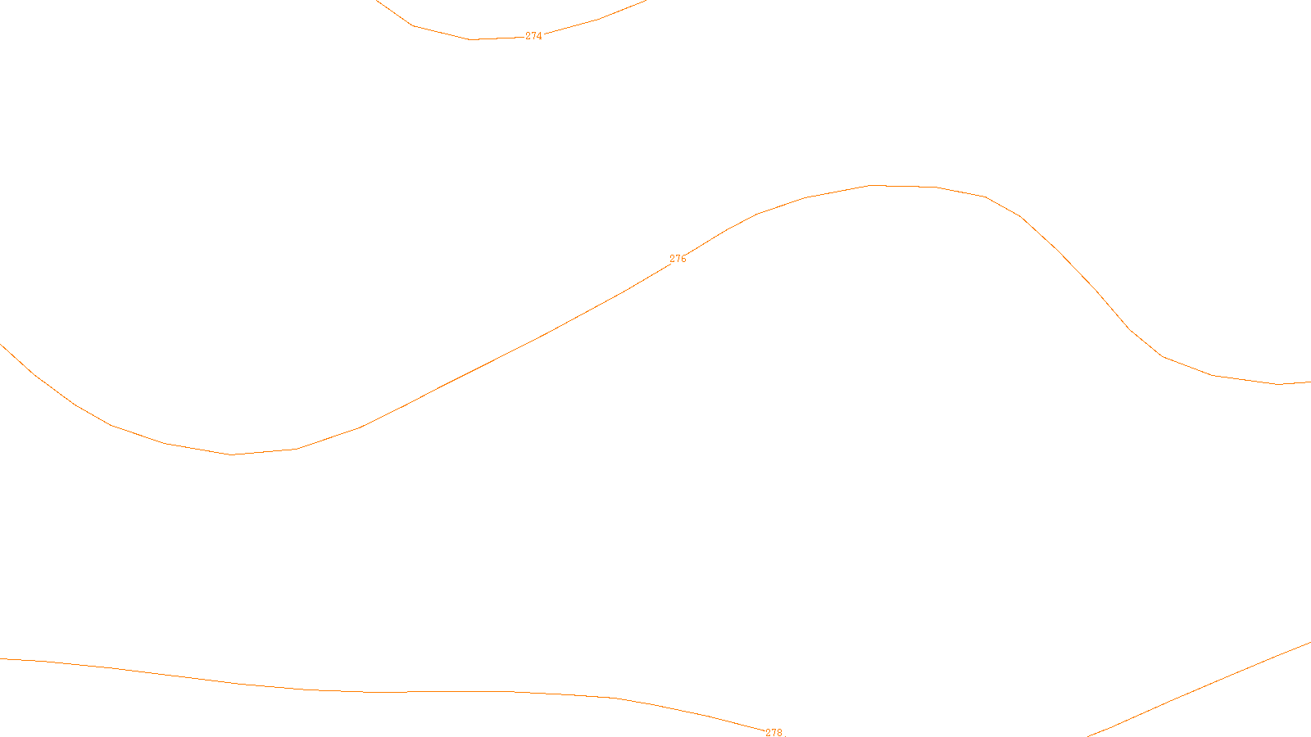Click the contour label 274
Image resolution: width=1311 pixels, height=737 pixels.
click(533, 36)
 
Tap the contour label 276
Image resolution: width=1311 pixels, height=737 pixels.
click(678, 259)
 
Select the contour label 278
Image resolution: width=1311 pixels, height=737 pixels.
click(773, 732)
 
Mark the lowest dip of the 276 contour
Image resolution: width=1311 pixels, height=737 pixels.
click(232, 454)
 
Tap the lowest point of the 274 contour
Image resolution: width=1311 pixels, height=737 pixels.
click(471, 39)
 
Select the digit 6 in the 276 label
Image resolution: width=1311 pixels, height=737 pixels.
click(683, 259)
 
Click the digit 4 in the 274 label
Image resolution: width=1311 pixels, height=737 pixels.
click(539, 36)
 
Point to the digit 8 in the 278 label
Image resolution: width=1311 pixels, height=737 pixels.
click(779, 732)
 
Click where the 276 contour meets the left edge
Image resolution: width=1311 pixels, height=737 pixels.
click(1, 344)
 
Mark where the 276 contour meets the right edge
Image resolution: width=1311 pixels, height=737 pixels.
click(1309, 382)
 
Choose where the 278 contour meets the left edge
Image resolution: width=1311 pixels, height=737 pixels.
click(1, 658)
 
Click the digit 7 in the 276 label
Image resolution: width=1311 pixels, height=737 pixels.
click(678, 259)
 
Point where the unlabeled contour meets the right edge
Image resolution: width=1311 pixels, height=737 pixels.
click(1309, 643)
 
